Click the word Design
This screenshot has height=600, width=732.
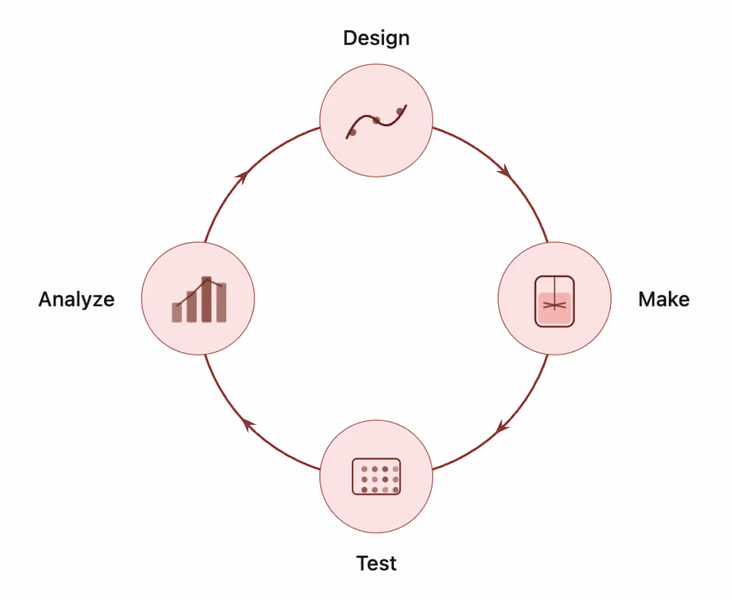click(376, 38)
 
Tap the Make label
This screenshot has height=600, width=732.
click(664, 299)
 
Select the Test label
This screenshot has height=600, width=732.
click(376, 563)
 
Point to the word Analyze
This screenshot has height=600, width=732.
click(76, 299)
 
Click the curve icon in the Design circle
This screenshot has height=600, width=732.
click(376, 121)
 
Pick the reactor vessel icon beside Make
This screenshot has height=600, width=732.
click(554, 301)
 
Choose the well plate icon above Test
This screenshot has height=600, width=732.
click(376, 476)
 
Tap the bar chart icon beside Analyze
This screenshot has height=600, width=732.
click(199, 299)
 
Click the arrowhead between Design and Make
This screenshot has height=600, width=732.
click(505, 171)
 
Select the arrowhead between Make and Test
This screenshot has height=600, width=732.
click(502, 427)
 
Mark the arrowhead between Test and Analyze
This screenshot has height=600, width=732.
click(248, 424)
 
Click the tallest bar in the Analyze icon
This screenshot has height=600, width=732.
click(207, 299)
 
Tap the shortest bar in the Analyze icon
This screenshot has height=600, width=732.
click(177, 312)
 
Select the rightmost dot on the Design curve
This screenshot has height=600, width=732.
click(400, 111)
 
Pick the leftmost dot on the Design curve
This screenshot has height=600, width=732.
click(352, 132)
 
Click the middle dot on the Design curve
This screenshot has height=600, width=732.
click(376, 121)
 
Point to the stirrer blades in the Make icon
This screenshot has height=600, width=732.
click(554, 305)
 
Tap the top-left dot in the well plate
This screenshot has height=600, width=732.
click(364, 469)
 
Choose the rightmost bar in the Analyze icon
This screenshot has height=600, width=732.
click(221, 303)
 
